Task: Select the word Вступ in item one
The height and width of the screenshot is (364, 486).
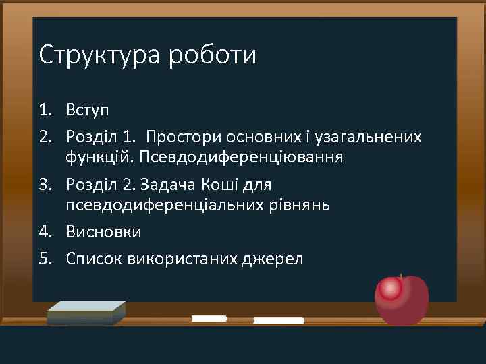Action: coord(88,109)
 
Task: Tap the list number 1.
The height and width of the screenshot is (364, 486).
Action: coord(44,109)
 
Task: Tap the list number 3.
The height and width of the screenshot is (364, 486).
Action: coord(44,185)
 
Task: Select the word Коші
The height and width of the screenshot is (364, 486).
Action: coord(221,185)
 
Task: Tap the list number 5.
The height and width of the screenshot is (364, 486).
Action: coord(44,259)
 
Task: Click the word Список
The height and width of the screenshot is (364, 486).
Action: coord(94,259)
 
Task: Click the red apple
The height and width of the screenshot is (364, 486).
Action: coord(402,299)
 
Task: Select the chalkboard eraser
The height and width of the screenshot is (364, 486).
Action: coord(86,313)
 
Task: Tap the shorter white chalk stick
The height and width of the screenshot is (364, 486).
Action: coord(209,318)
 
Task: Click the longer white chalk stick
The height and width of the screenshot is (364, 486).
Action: coord(278,320)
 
